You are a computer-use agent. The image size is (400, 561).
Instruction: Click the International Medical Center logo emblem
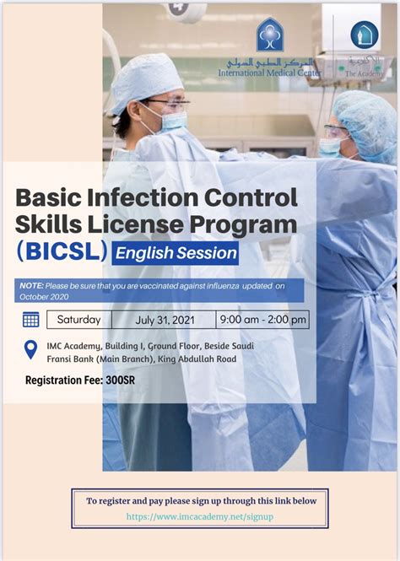click(x=270, y=37)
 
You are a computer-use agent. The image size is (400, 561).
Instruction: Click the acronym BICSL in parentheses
click(x=62, y=252)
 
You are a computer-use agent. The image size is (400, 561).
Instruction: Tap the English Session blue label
click(x=175, y=252)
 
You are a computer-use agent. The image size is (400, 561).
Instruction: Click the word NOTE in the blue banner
click(x=33, y=285)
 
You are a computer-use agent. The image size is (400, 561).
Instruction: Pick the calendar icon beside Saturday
click(x=31, y=320)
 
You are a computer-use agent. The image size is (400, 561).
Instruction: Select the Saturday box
click(x=79, y=320)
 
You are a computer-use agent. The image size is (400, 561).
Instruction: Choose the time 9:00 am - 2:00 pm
click(x=262, y=320)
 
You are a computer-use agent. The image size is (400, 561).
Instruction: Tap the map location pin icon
click(x=31, y=350)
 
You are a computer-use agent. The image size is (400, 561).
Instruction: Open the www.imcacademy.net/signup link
click(x=199, y=516)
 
